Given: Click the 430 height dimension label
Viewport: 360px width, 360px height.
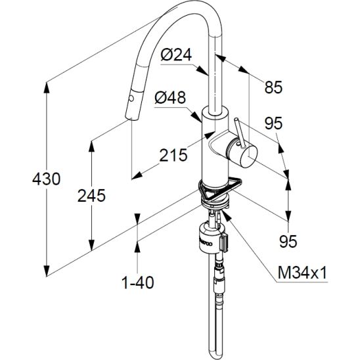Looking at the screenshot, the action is [47, 179].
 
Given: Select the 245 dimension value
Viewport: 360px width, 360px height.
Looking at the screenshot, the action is [91, 196].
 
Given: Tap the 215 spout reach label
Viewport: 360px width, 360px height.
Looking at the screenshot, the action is [173, 155].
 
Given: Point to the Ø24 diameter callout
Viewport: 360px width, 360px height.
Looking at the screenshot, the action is [176, 55].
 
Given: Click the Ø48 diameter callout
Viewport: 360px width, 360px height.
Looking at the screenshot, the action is [170, 97].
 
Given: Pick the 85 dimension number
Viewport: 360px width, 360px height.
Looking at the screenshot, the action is [273, 87].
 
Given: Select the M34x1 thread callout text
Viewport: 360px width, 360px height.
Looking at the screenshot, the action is [302, 273].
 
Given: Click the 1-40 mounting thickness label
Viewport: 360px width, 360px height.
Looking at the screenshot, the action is [138, 282].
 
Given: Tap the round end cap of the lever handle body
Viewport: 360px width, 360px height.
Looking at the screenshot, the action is [248, 156].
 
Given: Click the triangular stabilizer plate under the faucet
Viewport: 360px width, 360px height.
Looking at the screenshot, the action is [221, 189].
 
